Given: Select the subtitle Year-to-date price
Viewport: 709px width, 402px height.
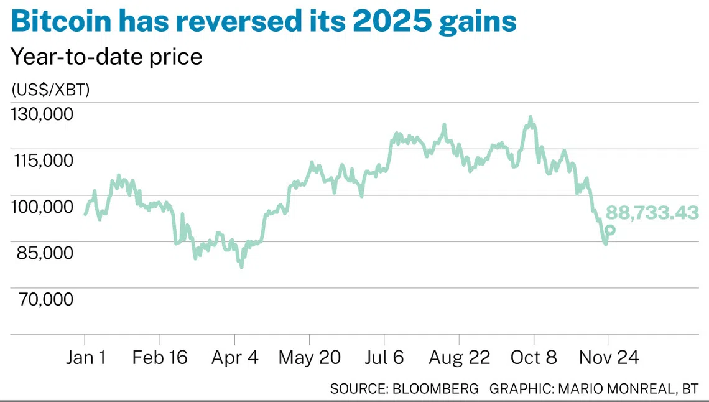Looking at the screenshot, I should pos(106,57).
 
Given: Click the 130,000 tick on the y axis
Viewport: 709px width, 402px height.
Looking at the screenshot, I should pos(42,114).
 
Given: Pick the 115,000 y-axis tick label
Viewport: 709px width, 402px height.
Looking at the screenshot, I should pos(42,160).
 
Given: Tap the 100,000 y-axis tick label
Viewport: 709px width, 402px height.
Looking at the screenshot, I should pos(42,207).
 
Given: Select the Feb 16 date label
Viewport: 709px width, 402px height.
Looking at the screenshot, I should pos(160,358).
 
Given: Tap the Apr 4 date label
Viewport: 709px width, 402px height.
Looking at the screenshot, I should pos(234,358).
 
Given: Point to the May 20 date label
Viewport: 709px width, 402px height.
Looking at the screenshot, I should pos(309,358).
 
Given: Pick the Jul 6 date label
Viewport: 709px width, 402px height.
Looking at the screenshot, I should pos(384,358).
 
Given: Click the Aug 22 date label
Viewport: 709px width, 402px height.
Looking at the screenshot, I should pos(459,358).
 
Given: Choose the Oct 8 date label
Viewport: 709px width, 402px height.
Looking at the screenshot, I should pos(534,358).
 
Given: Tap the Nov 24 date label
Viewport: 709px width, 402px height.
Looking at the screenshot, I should pos(608,358).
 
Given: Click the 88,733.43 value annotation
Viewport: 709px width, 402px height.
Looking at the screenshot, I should pos(652,213).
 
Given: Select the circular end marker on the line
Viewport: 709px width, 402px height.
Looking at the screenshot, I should pos(610,230).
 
